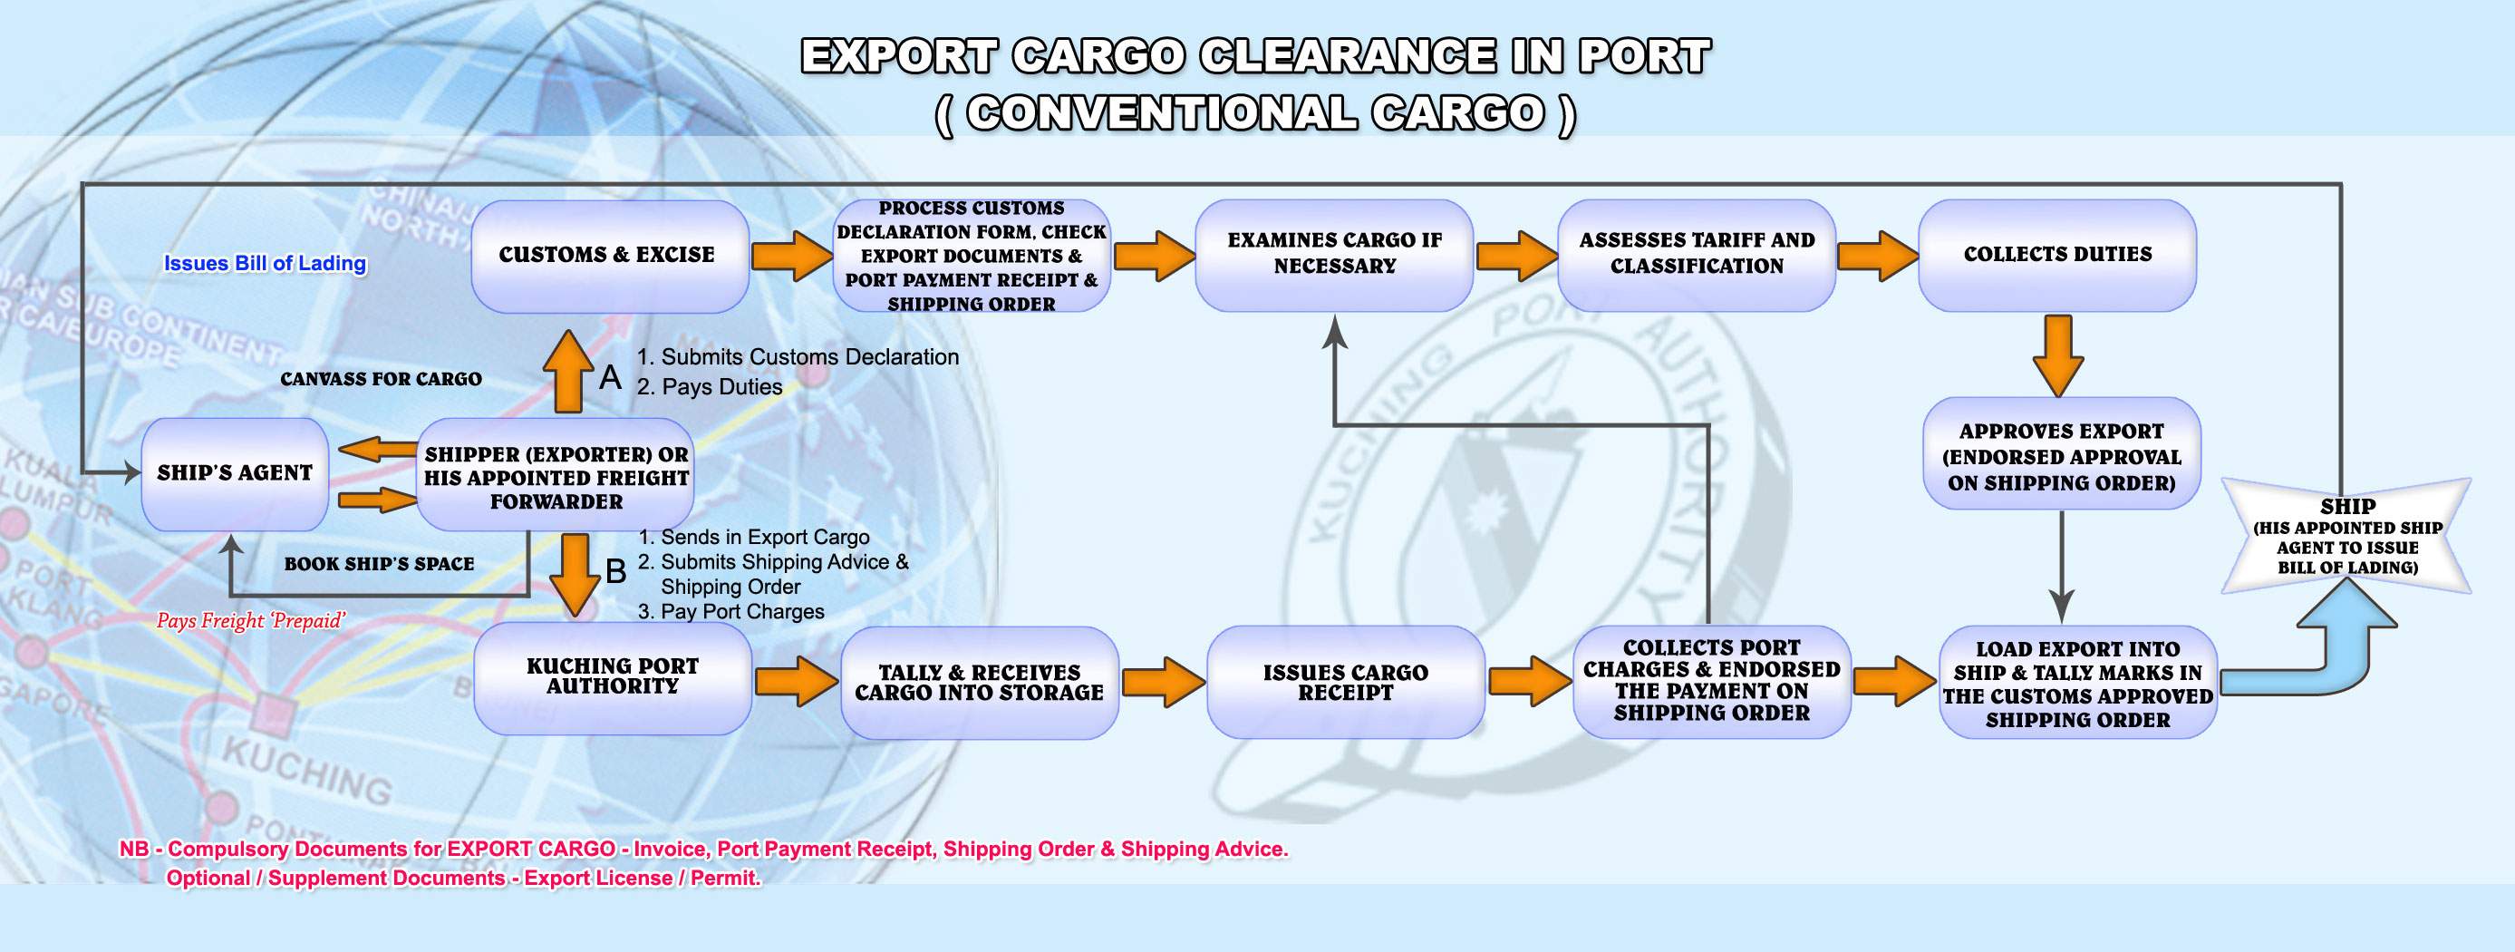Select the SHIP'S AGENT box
235,473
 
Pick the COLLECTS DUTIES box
2057,255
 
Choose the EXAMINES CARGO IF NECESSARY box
1335,255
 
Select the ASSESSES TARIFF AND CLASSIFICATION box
1697,255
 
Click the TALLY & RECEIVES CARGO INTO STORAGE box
979,683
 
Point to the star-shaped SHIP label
2347,535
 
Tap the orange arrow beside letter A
568,372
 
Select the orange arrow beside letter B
576,574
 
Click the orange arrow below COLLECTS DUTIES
2059,355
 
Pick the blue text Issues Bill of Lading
265,264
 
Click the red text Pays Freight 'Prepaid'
251,621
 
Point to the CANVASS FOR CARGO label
381,379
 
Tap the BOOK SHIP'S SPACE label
379,564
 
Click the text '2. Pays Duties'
710,386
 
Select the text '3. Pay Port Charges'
731,612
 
